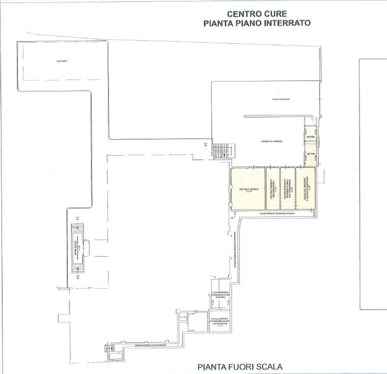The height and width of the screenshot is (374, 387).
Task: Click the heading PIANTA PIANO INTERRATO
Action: (x=257, y=23)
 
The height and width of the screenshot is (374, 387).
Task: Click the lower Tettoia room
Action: (x=310, y=154)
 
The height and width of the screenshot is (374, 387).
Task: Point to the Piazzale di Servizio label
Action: (x=270, y=142)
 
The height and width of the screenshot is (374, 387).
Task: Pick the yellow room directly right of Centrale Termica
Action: (x=272, y=189)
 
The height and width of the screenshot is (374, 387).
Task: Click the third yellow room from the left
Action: (x=287, y=189)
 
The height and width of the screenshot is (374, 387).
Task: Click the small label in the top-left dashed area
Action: (x=62, y=61)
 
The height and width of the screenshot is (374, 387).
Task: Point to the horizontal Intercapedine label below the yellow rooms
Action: (x=277, y=213)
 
